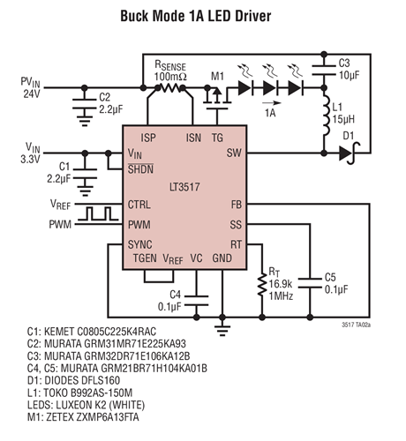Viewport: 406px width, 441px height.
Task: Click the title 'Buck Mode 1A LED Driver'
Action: [x=202, y=16]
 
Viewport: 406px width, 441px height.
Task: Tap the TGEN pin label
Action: [x=145, y=258]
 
